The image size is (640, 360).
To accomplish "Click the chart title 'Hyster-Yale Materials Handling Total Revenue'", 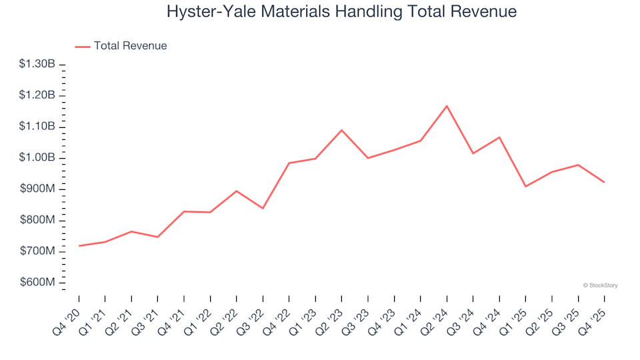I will [341, 12].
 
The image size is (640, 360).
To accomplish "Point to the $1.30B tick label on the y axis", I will [37, 64].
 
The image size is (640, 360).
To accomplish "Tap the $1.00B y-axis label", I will [37, 158].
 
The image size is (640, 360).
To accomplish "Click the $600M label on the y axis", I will [38, 283].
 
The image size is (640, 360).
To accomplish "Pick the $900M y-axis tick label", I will [38, 189].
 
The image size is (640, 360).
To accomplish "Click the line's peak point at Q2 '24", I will [447, 106].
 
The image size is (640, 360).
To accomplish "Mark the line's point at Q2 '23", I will [342, 130].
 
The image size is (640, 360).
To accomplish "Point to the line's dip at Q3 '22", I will [263, 208].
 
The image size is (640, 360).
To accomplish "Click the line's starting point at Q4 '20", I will [79, 246].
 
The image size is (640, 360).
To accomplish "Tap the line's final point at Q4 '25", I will [605, 182].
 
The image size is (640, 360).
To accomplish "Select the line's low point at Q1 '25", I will [525, 186].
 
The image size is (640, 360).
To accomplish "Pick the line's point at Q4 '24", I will [499, 137].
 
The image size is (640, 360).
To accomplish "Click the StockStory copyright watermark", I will [600, 285].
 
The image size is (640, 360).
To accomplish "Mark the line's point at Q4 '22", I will [289, 163].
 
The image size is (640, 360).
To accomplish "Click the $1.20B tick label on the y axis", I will [37, 95].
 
